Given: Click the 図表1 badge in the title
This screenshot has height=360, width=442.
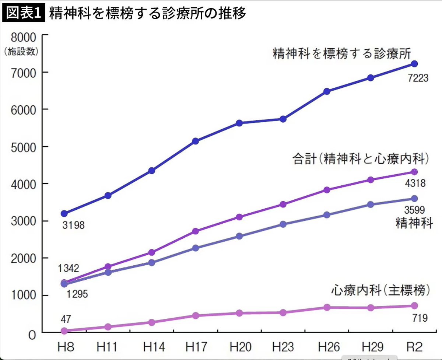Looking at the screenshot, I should pos(24,14).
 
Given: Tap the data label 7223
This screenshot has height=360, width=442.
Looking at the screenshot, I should pos(418,78).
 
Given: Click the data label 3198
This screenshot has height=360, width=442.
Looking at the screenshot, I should pos(73,225).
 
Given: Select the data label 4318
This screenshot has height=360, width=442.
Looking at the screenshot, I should pos(415,183).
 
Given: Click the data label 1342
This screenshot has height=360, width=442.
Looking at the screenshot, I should pos(69,268).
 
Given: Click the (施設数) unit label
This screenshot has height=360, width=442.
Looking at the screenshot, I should pos(21,52).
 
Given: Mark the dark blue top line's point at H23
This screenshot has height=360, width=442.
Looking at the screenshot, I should pos(283,119).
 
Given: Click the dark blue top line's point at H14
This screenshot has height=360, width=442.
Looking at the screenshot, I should pos(152,171).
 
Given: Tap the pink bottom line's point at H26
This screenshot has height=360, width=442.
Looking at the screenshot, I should pos(327,307).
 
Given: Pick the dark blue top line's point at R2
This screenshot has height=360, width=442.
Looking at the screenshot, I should pos(414,64).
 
